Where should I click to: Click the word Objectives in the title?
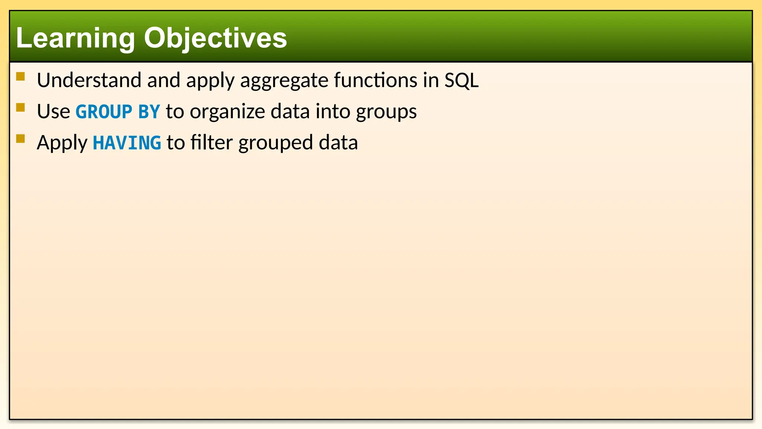point(215,38)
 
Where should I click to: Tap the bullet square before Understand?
point(20,77)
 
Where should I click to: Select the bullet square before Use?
point(20,108)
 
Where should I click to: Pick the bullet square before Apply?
point(20,139)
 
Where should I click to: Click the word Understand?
point(89,80)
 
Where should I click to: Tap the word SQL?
point(461,81)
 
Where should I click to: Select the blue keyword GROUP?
point(104,112)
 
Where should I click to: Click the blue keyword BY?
point(149,112)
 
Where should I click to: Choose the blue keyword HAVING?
point(127,143)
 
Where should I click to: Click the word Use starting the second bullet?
point(54,111)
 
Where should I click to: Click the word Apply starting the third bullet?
point(62,143)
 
